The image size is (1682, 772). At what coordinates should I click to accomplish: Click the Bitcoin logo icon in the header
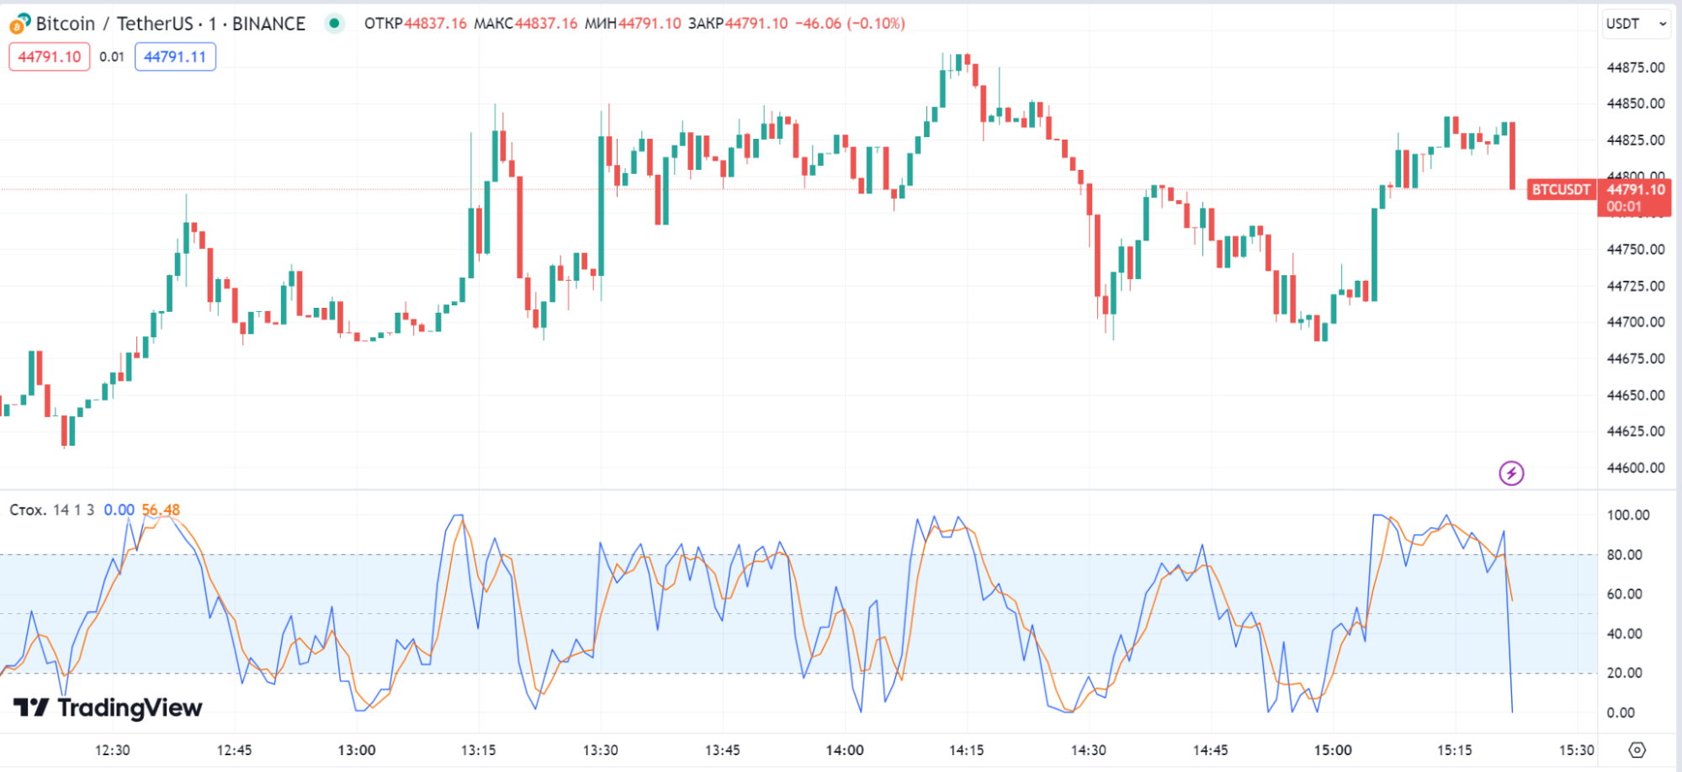pos(19,24)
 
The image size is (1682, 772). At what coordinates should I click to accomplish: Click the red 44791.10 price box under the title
pos(50,57)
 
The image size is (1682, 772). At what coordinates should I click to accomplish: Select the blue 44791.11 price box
pos(175,57)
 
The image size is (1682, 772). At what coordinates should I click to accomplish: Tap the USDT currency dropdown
pos(1636,24)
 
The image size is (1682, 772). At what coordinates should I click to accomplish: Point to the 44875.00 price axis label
pos(1635,67)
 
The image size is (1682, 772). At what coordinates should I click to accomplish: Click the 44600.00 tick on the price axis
pos(1635,468)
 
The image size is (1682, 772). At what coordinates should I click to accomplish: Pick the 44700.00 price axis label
pos(1635,322)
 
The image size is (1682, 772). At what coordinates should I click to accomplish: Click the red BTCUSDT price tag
pos(1561,190)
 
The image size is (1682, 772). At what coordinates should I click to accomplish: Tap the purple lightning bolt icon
pos(1511,473)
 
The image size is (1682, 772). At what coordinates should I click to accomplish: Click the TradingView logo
pos(108,708)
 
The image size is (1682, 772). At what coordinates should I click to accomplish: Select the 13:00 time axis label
pos(357,750)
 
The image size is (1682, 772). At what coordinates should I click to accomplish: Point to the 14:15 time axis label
pos(966,750)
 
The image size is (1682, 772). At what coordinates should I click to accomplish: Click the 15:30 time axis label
pos(1576,750)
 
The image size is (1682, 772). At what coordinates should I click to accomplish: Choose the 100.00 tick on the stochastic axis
pos(1627,515)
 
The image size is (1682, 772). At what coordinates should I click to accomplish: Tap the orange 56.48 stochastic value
pos(161,510)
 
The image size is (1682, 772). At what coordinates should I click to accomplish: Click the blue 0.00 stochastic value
pos(119,510)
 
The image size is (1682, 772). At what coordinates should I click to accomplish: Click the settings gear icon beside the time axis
pos(1637,749)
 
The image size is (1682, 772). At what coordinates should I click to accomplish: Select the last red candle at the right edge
pos(1512,156)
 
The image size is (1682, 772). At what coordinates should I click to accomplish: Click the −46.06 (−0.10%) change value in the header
pos(850,24)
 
